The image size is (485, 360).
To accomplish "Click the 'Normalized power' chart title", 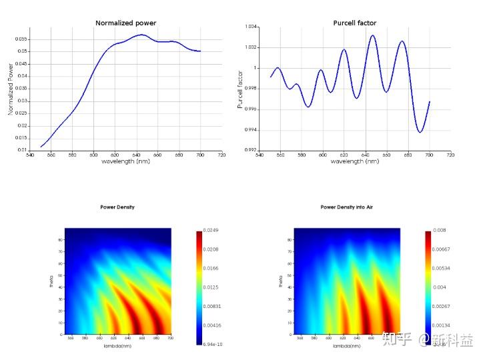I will (x=125, y=23).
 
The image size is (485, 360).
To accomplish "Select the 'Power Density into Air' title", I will (x=346, y=207).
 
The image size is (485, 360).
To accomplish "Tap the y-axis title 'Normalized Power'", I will (x=11, y=89).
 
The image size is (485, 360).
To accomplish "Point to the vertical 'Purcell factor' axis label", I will (x=240, y=89).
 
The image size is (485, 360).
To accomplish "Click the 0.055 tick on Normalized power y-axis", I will (x=21, y=39).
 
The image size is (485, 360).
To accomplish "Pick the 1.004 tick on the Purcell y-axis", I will (x=251, y=27).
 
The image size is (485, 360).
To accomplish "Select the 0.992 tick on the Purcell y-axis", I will (x=251, y=150).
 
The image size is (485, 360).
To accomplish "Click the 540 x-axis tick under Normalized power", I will (x=30, y=155).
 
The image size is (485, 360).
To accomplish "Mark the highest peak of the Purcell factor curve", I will (x=372, y=35).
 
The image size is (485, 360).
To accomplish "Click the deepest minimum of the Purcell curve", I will (x=420, y=132).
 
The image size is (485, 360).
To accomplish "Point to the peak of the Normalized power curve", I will (x=141, y=35).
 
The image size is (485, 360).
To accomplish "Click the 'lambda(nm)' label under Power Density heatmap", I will (x=117, y=347).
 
